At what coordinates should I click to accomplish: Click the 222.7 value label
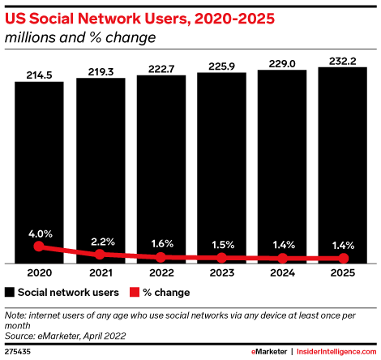coord(161,67)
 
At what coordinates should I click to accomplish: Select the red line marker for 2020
coord(39,247)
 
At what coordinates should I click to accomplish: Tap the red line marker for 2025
coord(342,259)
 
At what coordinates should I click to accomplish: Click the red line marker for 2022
coord(161,257)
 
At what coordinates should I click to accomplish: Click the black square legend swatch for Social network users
coord(10,292)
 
